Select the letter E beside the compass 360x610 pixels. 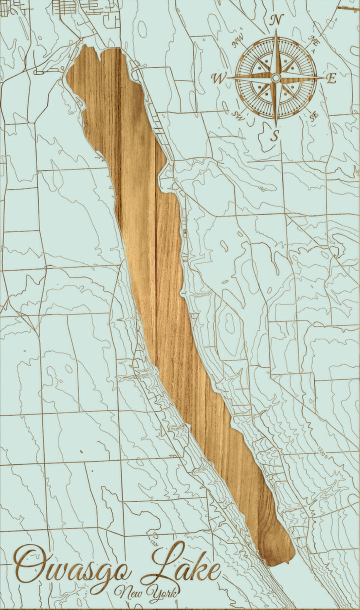331,78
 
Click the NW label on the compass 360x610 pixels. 238,42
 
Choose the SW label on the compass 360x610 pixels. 237,114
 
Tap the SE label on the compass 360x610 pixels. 314,115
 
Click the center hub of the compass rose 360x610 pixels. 275,77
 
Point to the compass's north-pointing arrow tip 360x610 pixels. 276,30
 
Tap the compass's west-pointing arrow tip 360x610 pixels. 228,77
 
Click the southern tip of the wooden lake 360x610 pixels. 272,564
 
